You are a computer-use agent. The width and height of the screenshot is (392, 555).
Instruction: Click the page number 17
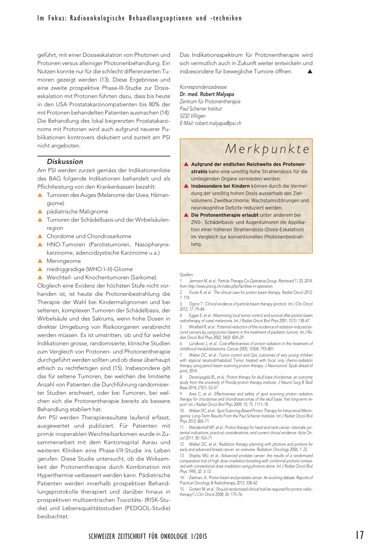[x=359, y=535]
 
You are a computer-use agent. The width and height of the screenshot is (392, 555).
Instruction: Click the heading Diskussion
[x=65, y=162]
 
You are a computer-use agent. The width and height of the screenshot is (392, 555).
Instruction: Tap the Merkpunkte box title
[x=267, y=149]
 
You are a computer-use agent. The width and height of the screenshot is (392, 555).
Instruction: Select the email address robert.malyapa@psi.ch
[x=218, y=123]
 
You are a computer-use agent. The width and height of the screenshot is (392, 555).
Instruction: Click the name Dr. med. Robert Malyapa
[x=207, y=94]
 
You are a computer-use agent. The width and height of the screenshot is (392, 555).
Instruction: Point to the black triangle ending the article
[x=310, y=72]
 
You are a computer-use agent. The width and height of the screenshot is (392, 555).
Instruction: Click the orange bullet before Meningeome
[x=40, y=261]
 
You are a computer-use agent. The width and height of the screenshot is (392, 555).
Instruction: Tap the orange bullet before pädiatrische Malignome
[x=40, y=212]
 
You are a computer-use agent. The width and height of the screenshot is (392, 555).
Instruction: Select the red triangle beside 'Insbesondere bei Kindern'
[x=186, y=186]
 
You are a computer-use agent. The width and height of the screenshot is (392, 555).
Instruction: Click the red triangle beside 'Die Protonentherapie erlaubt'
[x=186, y=215]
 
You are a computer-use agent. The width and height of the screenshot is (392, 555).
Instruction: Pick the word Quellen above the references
[x=186, y=275]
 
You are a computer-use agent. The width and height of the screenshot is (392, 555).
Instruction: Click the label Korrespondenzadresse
[x=203, y=87]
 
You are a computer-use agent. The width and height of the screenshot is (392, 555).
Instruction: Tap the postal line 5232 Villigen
[x=193, y=116]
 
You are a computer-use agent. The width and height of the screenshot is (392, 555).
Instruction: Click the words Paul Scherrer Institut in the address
[x=201, y=109]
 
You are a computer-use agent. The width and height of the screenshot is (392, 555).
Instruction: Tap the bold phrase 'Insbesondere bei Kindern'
[x=220, y=186]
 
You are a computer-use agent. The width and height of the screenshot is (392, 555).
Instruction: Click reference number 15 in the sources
[x=182, y=489]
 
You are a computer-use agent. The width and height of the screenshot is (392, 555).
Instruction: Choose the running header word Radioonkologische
[x=97, y=18]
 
